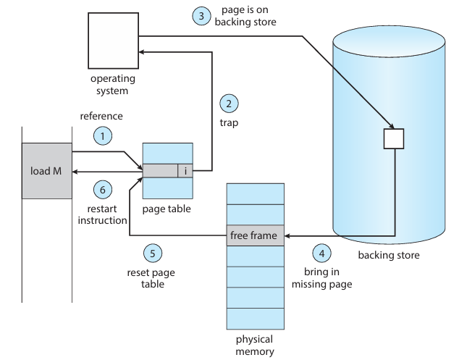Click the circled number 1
[103, 135]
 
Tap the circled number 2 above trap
[229, 104]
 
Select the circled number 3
[201, 16]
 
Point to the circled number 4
[321, 254]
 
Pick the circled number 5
[151, 254]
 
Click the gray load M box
[46, 171]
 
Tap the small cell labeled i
[186, 171]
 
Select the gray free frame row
[256, 235]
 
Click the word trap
[229, 123]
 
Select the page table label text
[167, 209]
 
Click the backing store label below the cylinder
[389, 255]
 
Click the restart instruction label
[102, 214]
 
